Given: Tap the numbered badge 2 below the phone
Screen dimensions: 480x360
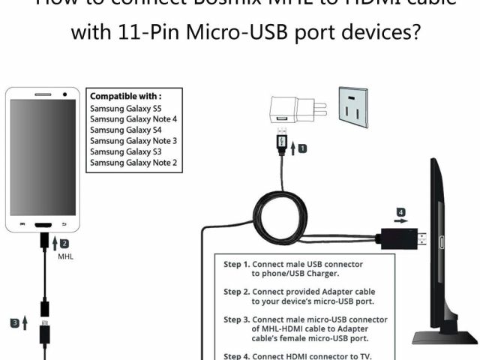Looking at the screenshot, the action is click(64, 244).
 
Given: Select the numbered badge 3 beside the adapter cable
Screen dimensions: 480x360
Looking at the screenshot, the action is click(15, 323).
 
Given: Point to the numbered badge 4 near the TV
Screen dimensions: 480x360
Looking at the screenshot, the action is click(402, 212).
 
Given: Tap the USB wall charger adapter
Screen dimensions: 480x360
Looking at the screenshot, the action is click(289, 109).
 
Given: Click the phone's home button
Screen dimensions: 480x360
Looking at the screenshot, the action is click(43, 224).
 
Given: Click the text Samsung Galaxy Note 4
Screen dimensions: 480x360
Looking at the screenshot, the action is click(133, 118).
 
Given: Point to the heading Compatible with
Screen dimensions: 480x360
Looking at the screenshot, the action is click(125, 96).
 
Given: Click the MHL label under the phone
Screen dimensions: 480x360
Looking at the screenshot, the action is click(66, 256).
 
